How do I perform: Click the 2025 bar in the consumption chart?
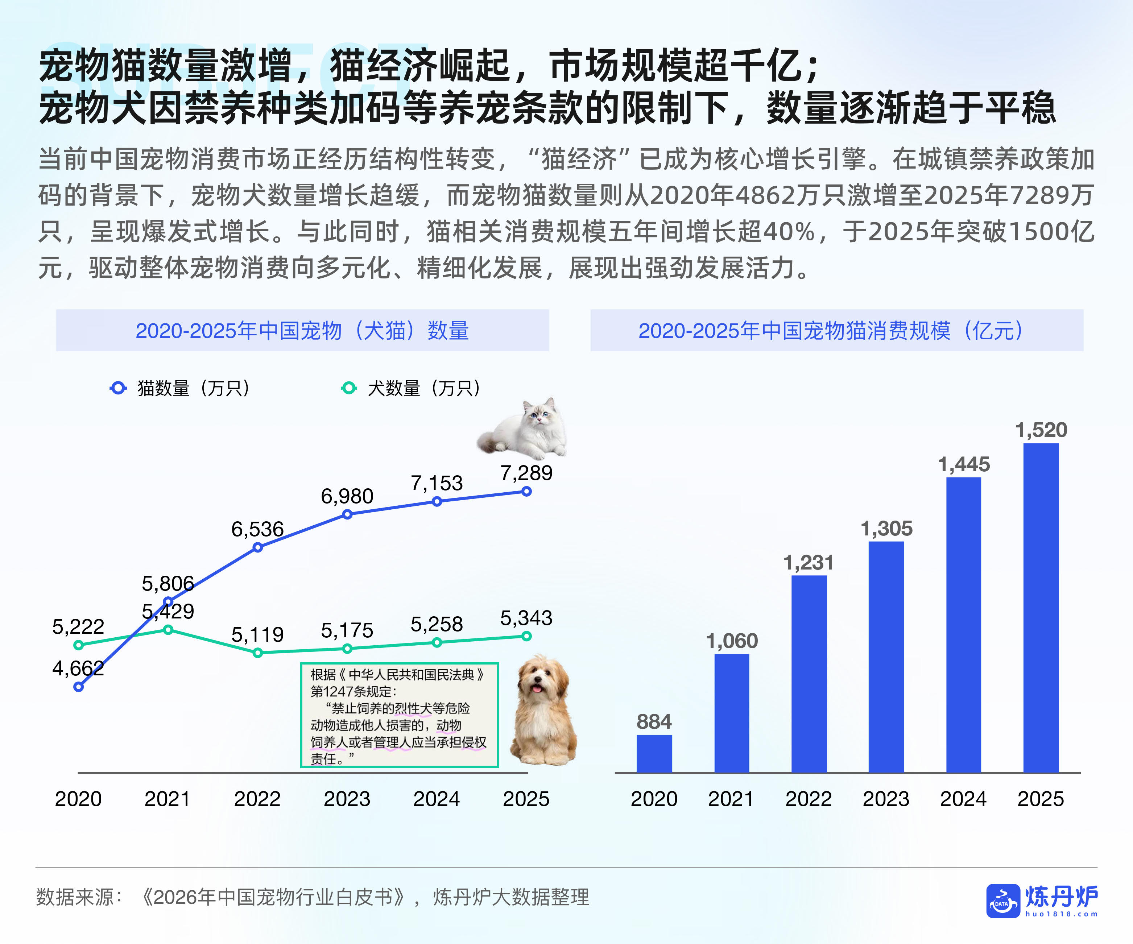1041,607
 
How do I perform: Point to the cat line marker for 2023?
347,514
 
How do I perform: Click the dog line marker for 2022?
258,653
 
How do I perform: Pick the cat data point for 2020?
79,687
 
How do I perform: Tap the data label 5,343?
526,618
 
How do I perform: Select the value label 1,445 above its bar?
964,464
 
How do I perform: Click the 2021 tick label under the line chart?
167,799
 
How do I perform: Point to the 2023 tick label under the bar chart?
886,799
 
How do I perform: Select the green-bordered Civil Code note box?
399,715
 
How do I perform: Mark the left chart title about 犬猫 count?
302,331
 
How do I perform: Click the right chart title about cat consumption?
836,331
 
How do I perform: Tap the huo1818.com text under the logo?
1061,914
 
